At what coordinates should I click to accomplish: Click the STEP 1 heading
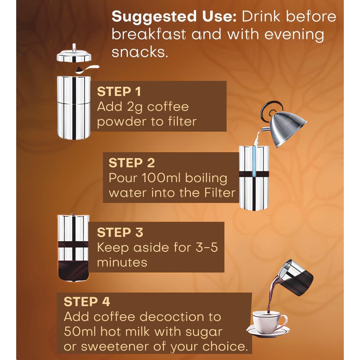click(x=119, y=92)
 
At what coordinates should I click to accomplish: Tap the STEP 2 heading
click(x=131, y=163)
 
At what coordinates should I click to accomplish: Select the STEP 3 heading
click(x=120, y=232)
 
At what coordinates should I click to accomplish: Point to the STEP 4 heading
click(x=87, y=301)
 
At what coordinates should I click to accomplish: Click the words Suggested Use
click(x=174, y=17)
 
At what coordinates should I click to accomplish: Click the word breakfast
click(x=148, y=35)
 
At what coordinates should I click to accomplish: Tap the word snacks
click(x=139, y=52)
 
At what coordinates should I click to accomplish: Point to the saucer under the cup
click(x=268, y=331)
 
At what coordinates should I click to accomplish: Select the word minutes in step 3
click(x=122, y=262)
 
